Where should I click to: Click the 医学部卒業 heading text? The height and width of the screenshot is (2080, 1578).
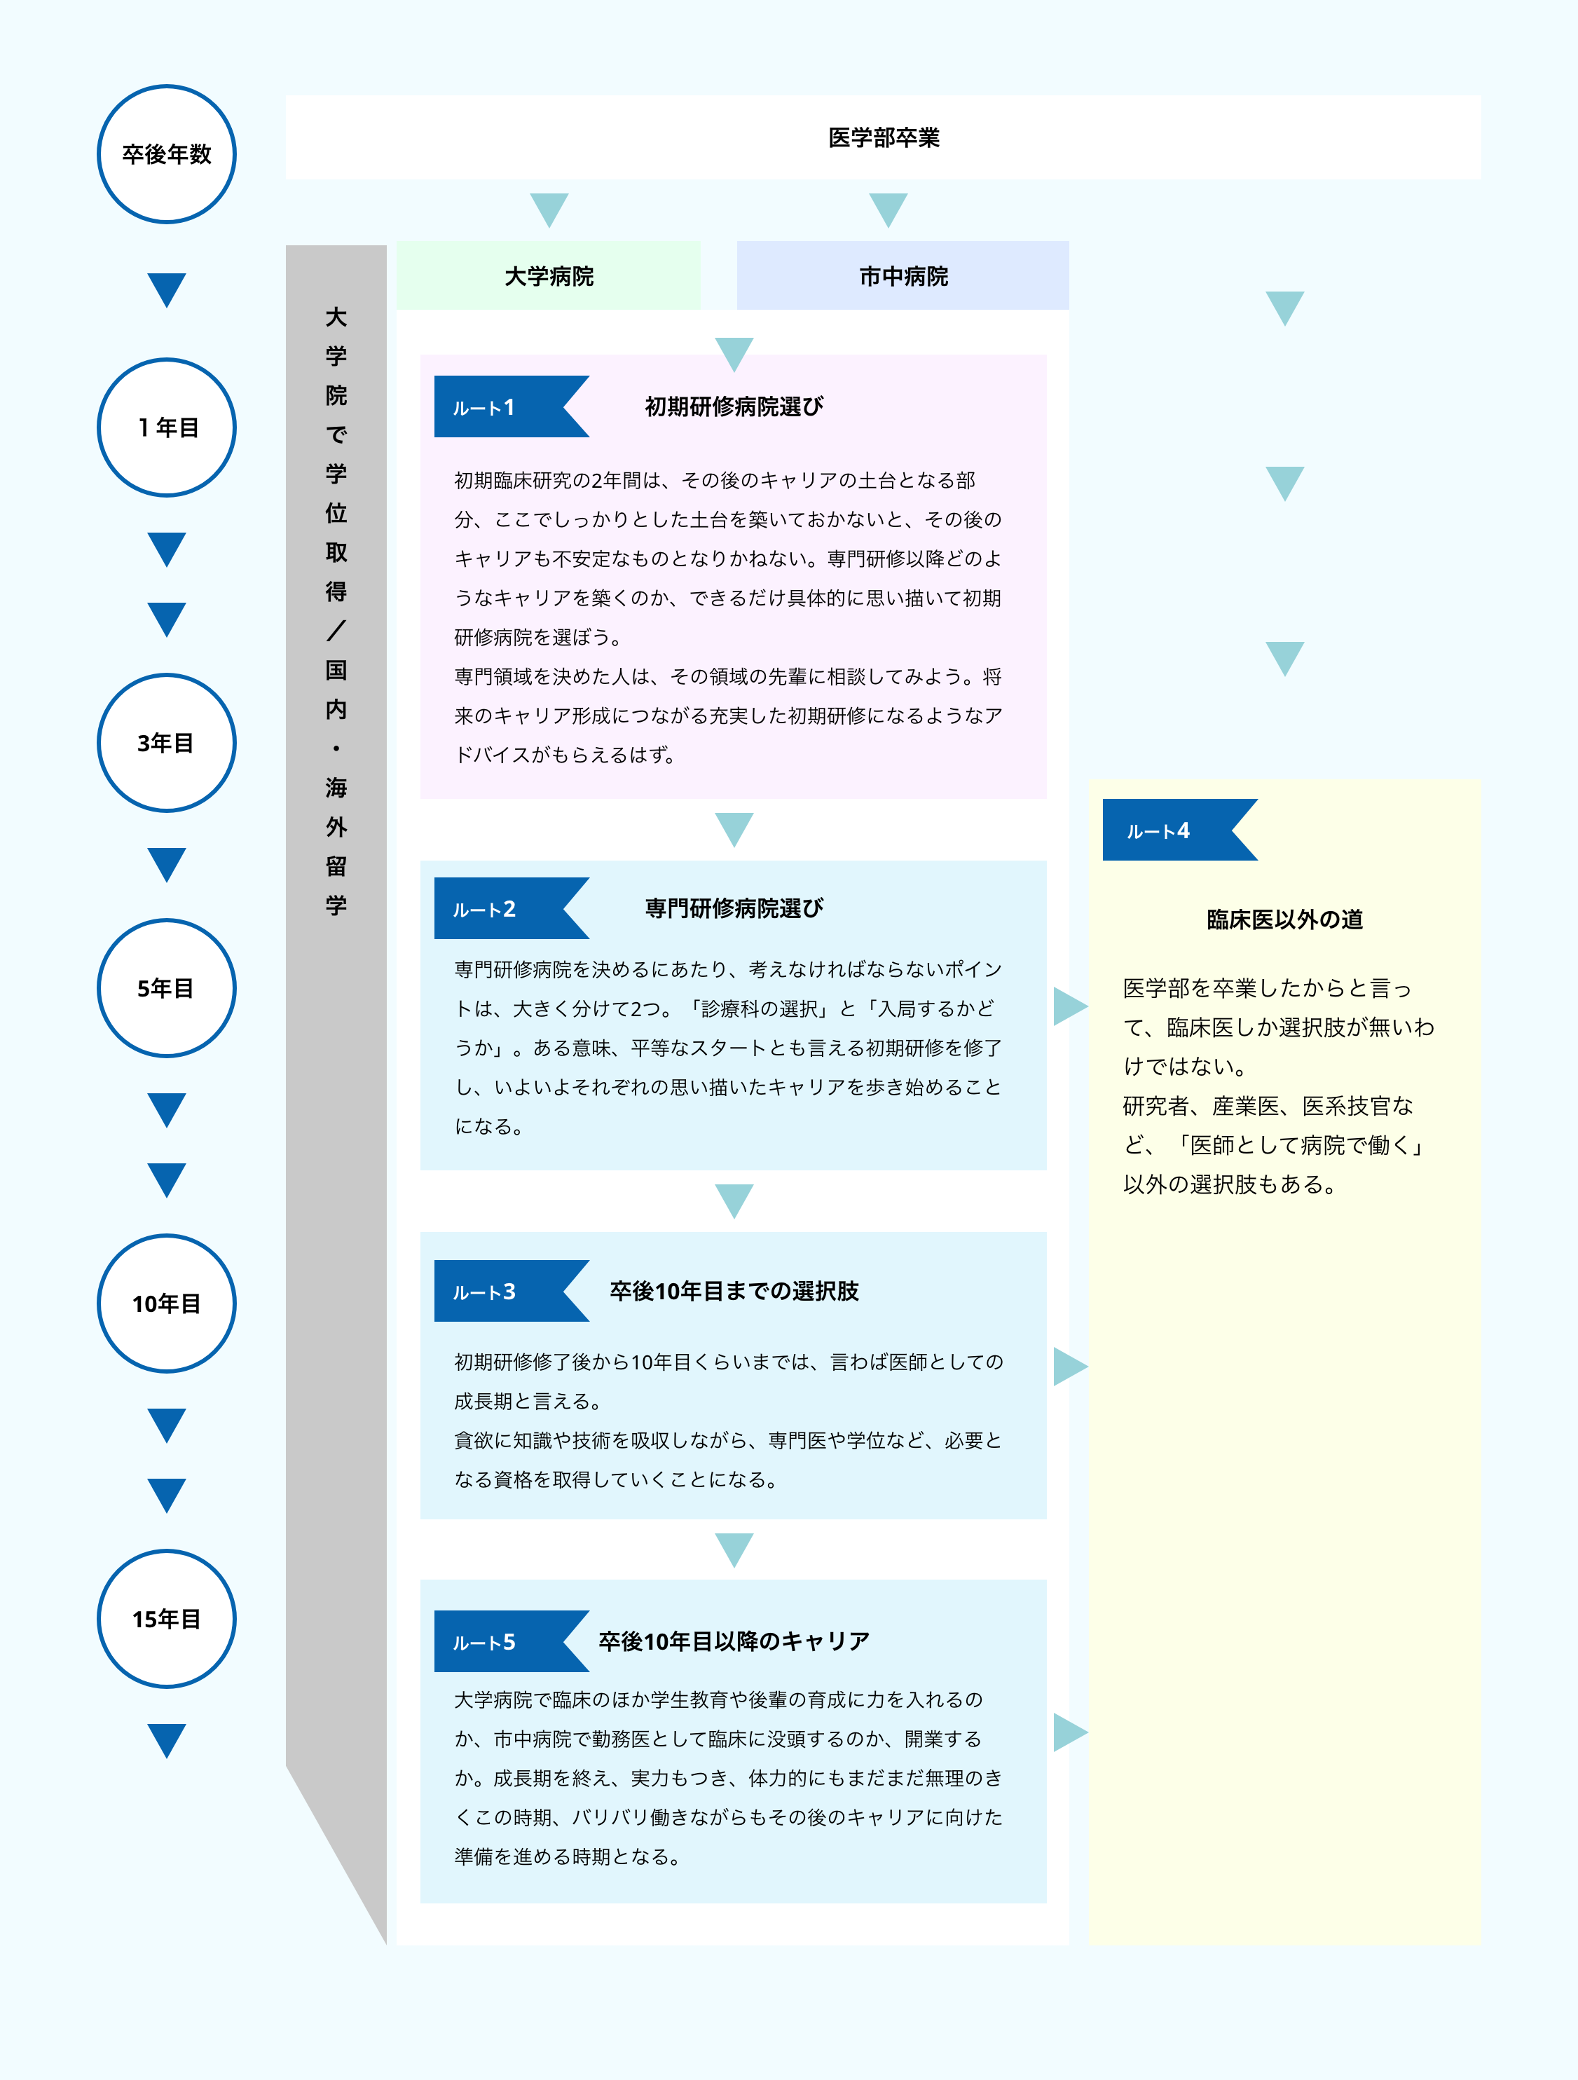[x=884, y=137]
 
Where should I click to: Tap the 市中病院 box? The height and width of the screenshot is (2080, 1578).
[x=903, y=275]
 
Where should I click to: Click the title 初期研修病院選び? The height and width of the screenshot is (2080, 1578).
[x=734, y=407]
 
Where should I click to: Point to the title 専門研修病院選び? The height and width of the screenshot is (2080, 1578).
[x=734, y=908]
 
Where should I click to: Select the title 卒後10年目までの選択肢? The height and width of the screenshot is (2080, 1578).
[x=734, y=1291]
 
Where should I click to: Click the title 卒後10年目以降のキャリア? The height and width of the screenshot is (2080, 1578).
[x=734, y=1641]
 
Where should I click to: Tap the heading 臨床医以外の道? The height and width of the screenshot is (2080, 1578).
[x=1284, y=919]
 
